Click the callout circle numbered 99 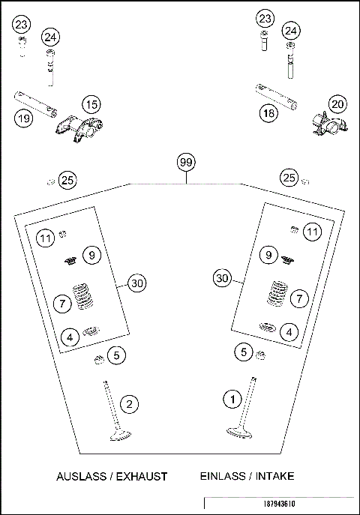[x=185, y=162]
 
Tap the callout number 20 [x=337, y=104]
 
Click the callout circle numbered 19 [x=22, y=117]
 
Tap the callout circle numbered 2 [x=130, y=405]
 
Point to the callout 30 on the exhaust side [x=136, y=283]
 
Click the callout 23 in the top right [x=265, y=18]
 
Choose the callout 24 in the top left [x=49, y=37]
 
